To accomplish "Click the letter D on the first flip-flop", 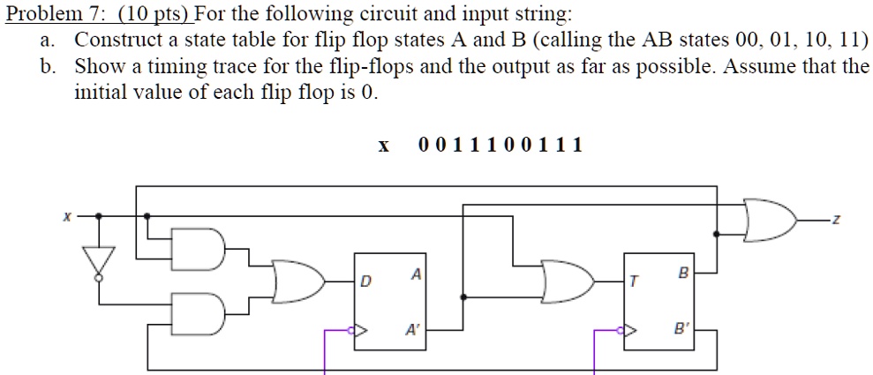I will (364, 282).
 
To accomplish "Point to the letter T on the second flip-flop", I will (633, 282).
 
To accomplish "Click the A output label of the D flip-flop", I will (415, 274).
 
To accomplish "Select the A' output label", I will (412, 333).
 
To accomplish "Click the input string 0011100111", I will (500, 145).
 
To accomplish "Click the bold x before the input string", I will (383, 146).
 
